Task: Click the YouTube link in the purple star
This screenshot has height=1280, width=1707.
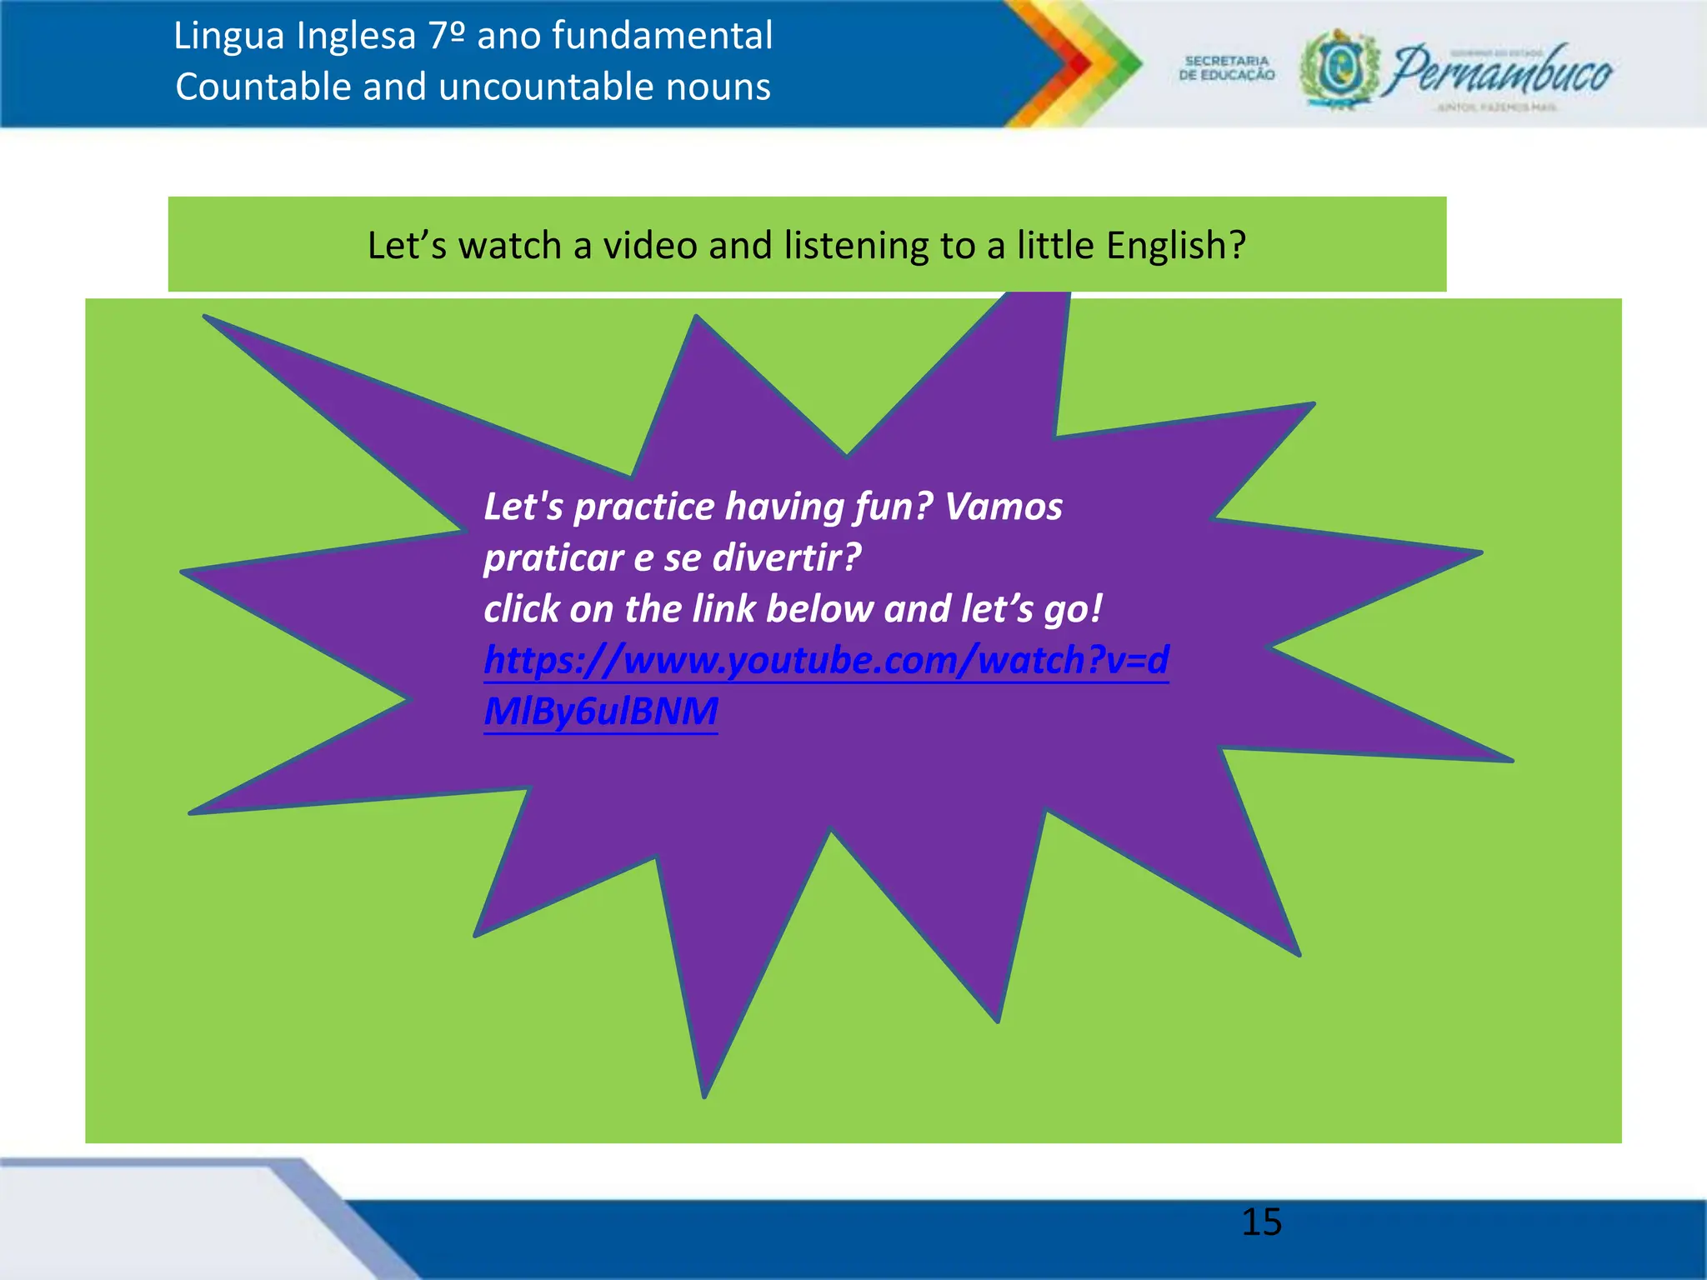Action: (825, 661)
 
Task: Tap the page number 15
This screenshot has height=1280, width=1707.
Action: (1261, 1222)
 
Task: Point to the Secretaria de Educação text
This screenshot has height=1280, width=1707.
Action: (1227, 68)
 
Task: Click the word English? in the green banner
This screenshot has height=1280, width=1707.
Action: (1175, 246)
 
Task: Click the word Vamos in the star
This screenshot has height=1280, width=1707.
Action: (1004, 507)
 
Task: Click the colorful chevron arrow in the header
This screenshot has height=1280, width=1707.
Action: (1075, 63)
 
